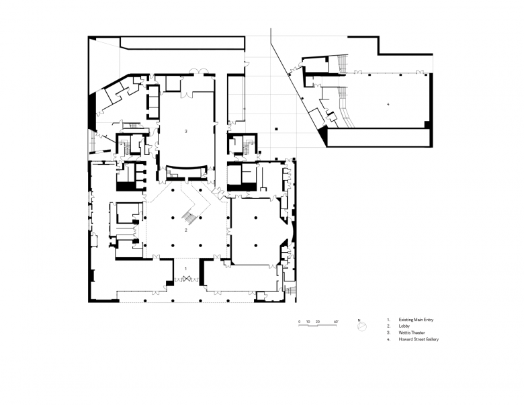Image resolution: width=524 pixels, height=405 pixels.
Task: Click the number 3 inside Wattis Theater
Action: (186, 130)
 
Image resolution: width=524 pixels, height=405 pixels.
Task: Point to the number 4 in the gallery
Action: (388, 105)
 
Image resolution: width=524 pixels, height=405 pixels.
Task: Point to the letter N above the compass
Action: (360, 320)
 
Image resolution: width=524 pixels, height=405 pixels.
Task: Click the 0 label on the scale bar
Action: (300, 322)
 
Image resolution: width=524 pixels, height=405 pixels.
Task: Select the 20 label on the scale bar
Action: (318, 322)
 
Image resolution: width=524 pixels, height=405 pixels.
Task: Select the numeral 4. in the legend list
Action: (388, 339)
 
